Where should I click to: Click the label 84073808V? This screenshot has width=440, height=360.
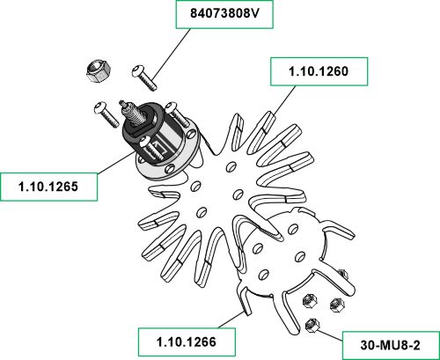[x=224, y=14]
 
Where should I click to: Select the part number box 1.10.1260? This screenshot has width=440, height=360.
[x=319, y=71]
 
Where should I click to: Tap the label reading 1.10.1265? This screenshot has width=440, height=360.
[x=48, y=187]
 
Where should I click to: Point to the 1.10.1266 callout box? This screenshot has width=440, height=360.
[x=187, y=342]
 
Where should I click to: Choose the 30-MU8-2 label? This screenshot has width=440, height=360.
[x=391, y=345]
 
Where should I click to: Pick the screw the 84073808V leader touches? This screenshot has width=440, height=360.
[x=144, y=77]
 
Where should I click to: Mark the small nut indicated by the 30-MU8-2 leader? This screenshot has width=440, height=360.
[x=312, y=325]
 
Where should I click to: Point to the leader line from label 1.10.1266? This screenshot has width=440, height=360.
[x=231, y=320]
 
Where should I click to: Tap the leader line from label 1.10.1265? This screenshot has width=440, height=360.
[x=115, y=162]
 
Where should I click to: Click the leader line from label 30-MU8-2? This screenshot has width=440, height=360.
[x=330, y=335]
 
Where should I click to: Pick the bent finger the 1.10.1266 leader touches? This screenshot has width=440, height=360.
[x=246, y=301]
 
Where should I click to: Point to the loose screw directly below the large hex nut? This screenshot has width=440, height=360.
[x=106, y=114]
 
